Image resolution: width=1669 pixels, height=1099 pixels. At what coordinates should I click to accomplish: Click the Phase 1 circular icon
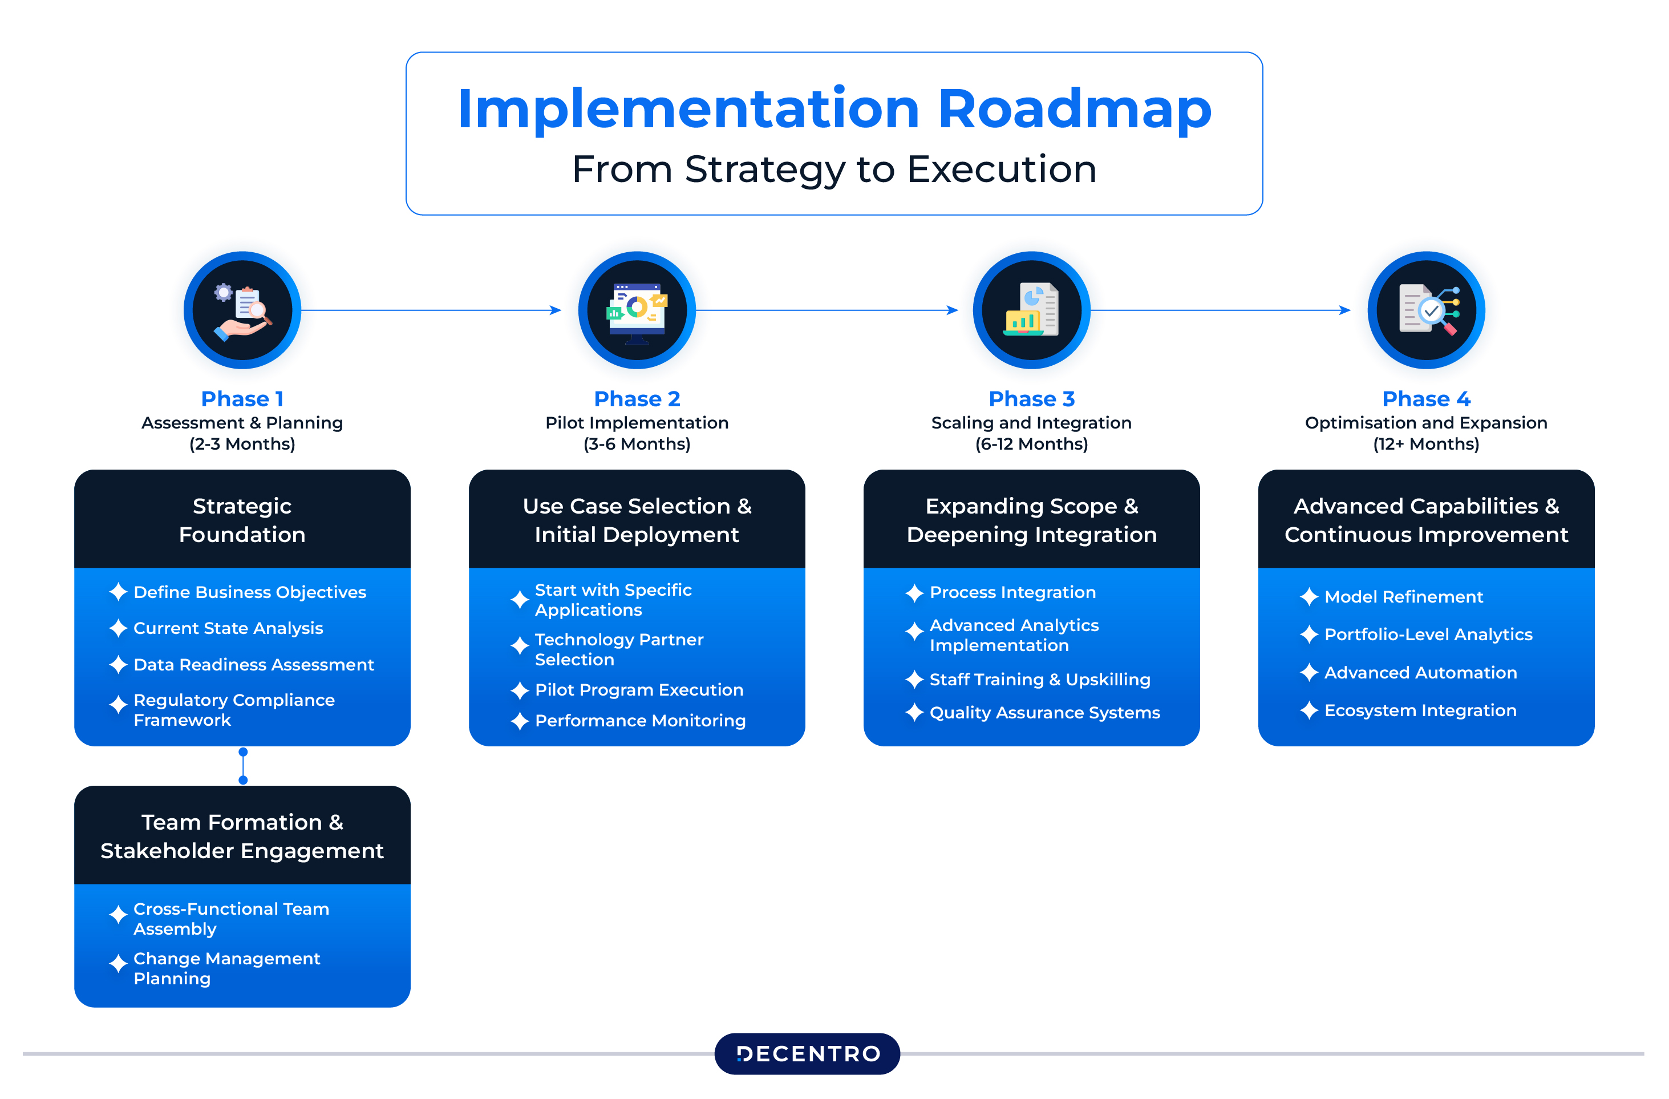[242, 310]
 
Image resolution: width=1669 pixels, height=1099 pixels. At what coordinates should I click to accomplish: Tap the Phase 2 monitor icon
[637, 313]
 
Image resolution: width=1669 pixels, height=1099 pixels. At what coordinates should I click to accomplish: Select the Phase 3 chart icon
[1031, 310]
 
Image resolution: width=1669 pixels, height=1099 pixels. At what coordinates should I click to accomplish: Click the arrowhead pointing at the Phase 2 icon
[556, 310]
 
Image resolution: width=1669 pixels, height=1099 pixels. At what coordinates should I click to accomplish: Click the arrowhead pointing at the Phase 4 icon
[1344, 310]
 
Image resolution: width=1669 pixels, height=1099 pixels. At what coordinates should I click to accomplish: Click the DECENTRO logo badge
[807, 1053]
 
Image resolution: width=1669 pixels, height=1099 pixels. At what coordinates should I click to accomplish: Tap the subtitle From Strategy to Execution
[834, 169]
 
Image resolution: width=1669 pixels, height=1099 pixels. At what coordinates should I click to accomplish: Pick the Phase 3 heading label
[1031, 398]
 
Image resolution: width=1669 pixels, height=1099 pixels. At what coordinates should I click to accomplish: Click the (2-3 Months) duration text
[242, 444]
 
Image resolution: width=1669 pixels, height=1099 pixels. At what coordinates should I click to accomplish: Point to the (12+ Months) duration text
[1427, 444]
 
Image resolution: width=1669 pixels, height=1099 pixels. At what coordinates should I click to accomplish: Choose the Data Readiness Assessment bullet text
[254, 664]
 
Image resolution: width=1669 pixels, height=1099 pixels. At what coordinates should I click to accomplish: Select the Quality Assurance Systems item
[1045, 713]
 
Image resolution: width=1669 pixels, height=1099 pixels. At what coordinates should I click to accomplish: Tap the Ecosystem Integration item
[1420, 710]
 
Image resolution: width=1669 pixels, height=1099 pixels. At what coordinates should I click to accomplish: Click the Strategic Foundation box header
[242, 519]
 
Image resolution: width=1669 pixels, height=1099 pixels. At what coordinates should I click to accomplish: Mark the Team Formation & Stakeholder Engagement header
[242, 835]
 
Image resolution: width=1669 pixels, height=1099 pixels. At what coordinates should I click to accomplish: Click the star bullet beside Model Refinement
[1309, 597]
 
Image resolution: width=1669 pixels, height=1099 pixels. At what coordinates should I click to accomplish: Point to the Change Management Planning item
[226, 968]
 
